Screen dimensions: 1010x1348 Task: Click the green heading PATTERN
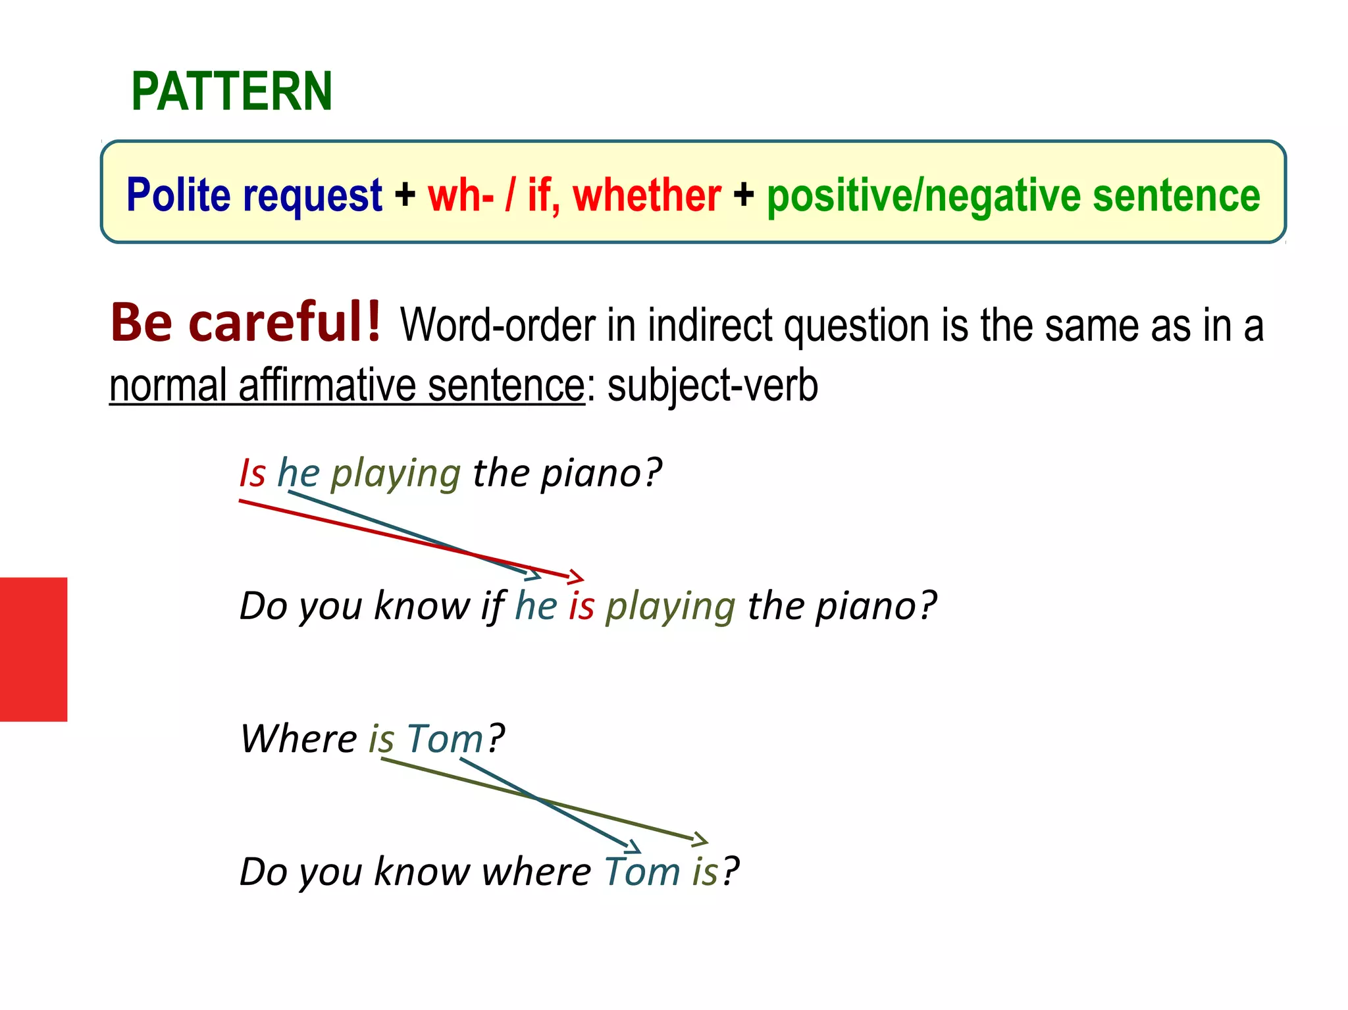click(x=232, y=91)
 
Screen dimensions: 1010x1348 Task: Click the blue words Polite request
click(x=254, y=195)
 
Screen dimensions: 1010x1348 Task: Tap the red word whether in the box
click(x=647, y=195)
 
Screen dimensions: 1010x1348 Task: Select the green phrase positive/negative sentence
click(x=1013, y=195)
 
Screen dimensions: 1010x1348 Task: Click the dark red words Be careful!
click(x=246, y=322)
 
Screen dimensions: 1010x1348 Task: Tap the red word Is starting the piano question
click(x=252, y=473)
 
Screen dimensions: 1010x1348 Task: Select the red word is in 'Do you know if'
click(x=581, y=606)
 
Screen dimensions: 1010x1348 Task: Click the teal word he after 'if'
click(x=536, y=606)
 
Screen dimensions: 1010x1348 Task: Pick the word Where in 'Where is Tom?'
click(x=298, y=738)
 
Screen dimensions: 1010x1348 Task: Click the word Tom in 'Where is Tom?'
click(x=445, y=738)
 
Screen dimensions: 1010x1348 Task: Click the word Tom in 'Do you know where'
click(x=642, y=872)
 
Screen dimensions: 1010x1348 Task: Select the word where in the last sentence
click(x=536, y=872)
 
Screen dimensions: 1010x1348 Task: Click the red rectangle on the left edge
click(x=34, y=649)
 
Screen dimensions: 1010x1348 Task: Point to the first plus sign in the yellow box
click(x=405, y=195)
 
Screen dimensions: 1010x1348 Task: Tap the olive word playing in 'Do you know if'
click(x=670, y=606)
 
